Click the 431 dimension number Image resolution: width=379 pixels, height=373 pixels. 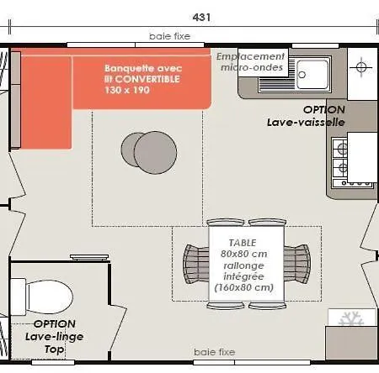pos(201,18)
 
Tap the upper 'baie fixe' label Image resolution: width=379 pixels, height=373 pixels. pos(169,36)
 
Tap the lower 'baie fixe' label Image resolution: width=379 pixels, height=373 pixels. pos(215,352)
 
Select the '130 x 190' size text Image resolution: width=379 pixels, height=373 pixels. pos(127,90)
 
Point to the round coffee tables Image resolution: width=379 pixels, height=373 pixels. pos(149,152)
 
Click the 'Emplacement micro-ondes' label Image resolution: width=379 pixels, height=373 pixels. pos(251,62)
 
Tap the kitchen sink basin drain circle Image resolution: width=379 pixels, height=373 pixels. pos(302,75)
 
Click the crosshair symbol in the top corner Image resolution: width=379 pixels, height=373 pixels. pos(361,67)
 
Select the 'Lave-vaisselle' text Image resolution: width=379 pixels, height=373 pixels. pos(306,122)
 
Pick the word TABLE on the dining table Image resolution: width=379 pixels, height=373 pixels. pos(243,243)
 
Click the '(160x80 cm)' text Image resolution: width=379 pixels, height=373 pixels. pos(243,287)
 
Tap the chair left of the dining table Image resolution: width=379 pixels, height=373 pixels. pos(196,264)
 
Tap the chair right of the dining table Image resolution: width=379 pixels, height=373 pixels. pos(297,264)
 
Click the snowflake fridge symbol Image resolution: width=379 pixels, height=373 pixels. pos(351,318)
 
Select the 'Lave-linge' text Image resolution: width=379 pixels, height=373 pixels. pos(54,337)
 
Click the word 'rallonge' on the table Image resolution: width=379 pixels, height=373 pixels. pos(243,265)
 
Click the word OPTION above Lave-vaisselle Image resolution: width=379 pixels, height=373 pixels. pos(324,109)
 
